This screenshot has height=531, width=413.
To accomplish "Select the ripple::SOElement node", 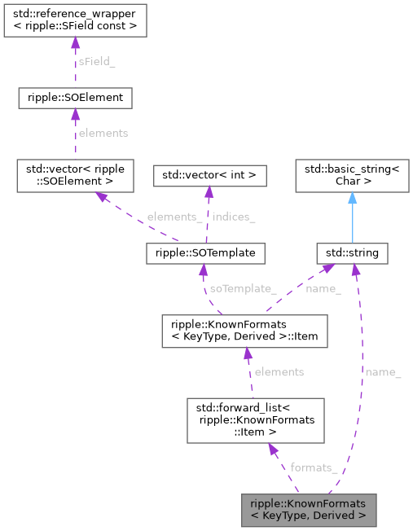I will click(75, 99).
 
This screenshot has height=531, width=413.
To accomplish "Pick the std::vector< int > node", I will click(209, 174).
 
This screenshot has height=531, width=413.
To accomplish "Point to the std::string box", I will click(352, 253).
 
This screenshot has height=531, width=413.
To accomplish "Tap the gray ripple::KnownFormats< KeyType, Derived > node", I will click(309, 509).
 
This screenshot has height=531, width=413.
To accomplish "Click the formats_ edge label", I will click(314, 467).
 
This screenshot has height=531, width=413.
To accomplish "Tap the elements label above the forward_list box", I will click(279, 371).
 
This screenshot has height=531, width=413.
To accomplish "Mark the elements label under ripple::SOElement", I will click(102, 132).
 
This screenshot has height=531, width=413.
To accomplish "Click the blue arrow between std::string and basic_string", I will click(352, 217).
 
